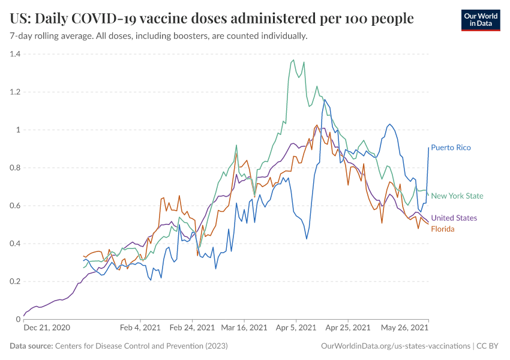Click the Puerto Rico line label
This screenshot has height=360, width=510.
point(451,148)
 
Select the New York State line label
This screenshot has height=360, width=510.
point(457,196)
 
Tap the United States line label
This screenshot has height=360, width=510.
point(454,218)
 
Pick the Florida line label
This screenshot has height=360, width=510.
point(443,229)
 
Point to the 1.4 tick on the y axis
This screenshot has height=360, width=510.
point(14,54)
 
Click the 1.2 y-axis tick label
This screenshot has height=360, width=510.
point(14,92)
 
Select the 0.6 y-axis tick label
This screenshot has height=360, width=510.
point(14,206)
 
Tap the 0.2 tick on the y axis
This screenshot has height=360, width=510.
point(14,281)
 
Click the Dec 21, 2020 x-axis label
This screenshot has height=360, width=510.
point(47,328)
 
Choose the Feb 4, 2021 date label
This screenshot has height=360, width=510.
point(140,328)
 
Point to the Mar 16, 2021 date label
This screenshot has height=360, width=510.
point(244,328)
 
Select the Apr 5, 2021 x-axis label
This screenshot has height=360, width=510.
point(296,328)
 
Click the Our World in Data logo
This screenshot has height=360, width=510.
point(480,20)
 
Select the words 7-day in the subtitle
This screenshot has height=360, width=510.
point(22,36)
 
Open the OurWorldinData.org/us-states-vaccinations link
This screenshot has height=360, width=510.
point(395,346)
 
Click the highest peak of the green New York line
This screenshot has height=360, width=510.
point(293,60)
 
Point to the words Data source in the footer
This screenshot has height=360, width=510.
point(31,346)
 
